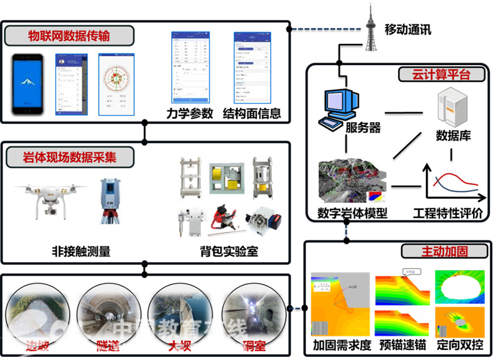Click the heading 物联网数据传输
click(69, 35)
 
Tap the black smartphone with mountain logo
click(31, 85)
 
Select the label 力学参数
click(190, 113)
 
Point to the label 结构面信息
click(252, 113)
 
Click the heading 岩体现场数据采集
click(69, 157)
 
